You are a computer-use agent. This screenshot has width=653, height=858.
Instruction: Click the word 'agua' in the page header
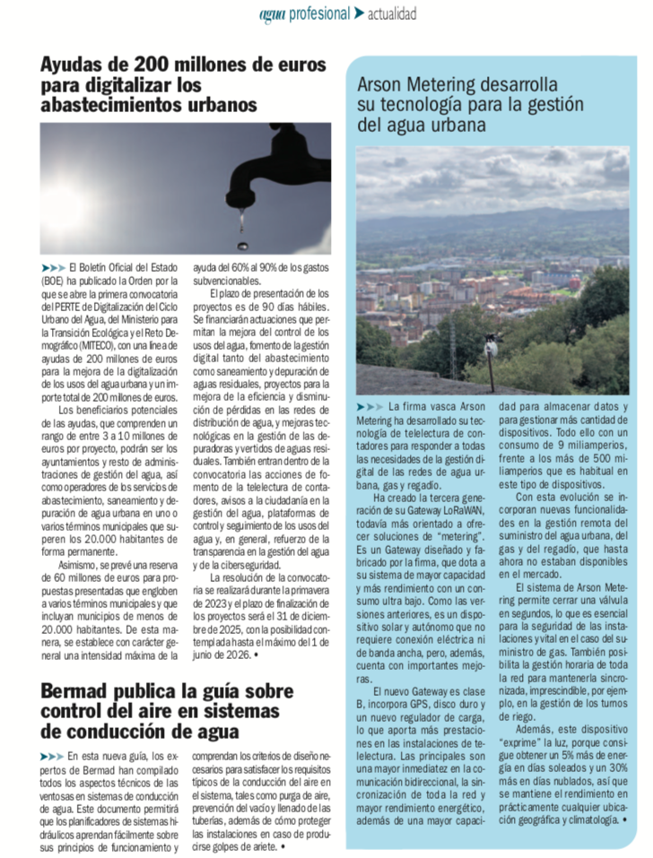[x=272, y=14]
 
